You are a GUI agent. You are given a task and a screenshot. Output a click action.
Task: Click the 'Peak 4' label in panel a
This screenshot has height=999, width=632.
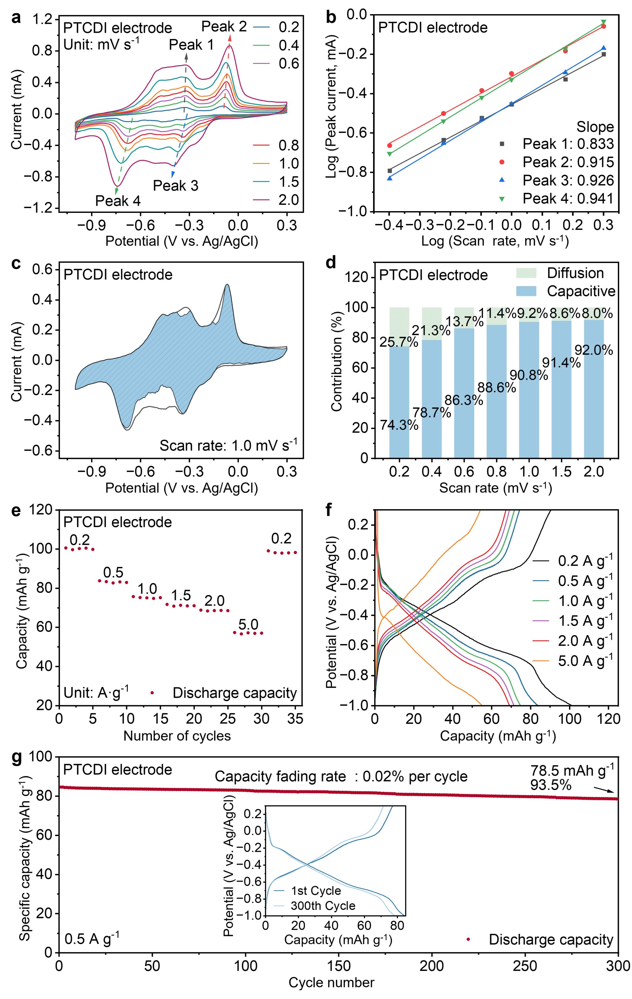coord(118,201)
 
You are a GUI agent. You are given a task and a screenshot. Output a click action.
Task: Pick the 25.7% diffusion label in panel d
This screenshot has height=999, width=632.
coord(399,342)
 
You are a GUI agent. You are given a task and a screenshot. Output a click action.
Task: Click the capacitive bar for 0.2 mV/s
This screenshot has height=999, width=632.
coord(399,402)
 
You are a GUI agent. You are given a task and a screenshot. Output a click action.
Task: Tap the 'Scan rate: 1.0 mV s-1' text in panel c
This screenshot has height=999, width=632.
coord(228,446)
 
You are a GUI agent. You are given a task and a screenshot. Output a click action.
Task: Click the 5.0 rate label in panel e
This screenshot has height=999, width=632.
coord(248,624)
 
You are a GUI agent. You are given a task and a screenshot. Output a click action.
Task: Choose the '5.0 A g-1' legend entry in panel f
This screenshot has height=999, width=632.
coord(585,661)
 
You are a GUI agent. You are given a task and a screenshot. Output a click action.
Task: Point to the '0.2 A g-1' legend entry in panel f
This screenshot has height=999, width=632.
coord(585,561)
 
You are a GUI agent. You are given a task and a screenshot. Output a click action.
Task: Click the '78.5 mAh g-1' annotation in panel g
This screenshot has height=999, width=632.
coord(572,771)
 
